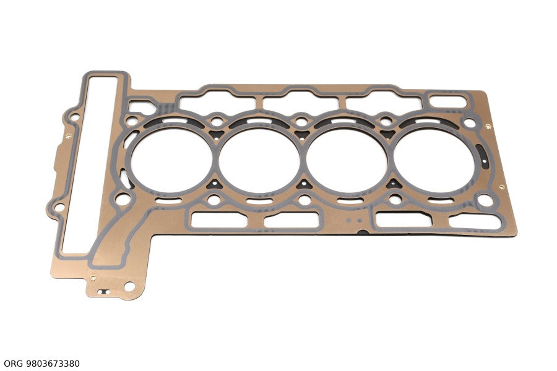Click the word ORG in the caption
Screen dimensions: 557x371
13,364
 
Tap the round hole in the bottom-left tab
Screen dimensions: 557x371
129,286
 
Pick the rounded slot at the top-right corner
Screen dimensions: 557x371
447,101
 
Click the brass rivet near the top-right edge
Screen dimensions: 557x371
488,126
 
